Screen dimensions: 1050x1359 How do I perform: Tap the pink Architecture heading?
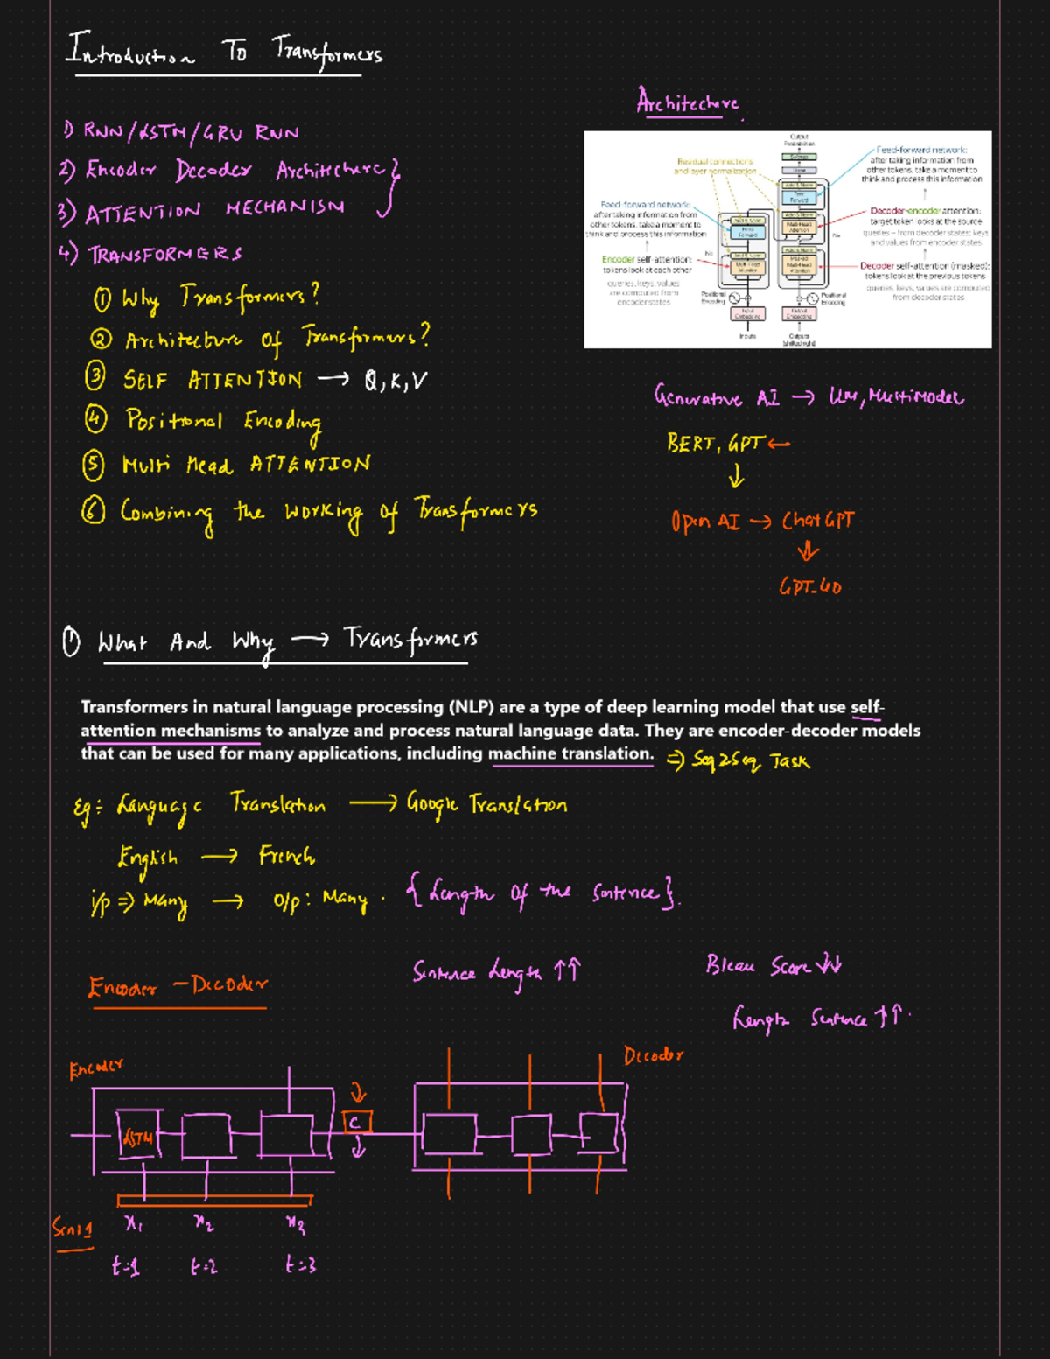688,103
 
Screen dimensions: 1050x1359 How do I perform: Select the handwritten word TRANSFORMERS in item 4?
164,255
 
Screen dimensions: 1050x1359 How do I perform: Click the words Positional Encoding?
223,422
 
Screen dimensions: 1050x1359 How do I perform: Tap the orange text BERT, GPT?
716,444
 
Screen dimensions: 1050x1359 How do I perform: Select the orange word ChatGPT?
817,521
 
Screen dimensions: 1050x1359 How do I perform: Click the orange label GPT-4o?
810,586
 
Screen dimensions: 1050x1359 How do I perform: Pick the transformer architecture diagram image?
787,239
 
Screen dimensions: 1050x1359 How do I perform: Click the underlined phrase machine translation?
570,753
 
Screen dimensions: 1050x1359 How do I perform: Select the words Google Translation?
486,804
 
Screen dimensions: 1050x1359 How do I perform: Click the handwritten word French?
286,856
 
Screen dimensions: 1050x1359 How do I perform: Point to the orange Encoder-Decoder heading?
178,986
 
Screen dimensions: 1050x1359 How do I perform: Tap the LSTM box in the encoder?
138,1137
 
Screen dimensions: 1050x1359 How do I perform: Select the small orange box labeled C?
355,1123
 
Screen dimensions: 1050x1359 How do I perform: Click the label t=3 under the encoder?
300,1264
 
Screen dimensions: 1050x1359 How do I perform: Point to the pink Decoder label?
653,1055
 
